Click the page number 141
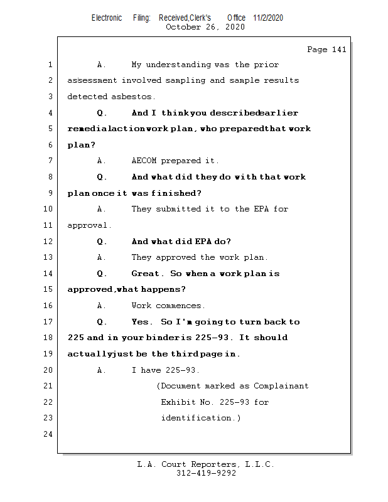click(338, 50)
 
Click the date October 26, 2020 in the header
click(205, 27)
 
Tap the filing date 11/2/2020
click(268, 18)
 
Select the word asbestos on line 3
click(132, 97)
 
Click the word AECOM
click(144, 161)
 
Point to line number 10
click(49, 209)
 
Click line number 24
click(49, 434)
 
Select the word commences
click(180, 306)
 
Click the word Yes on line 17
click(141, 322)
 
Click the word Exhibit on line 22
click(178, 402)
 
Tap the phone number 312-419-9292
click(206, 474)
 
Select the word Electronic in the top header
click(107, 18)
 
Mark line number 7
click(49, 161)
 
